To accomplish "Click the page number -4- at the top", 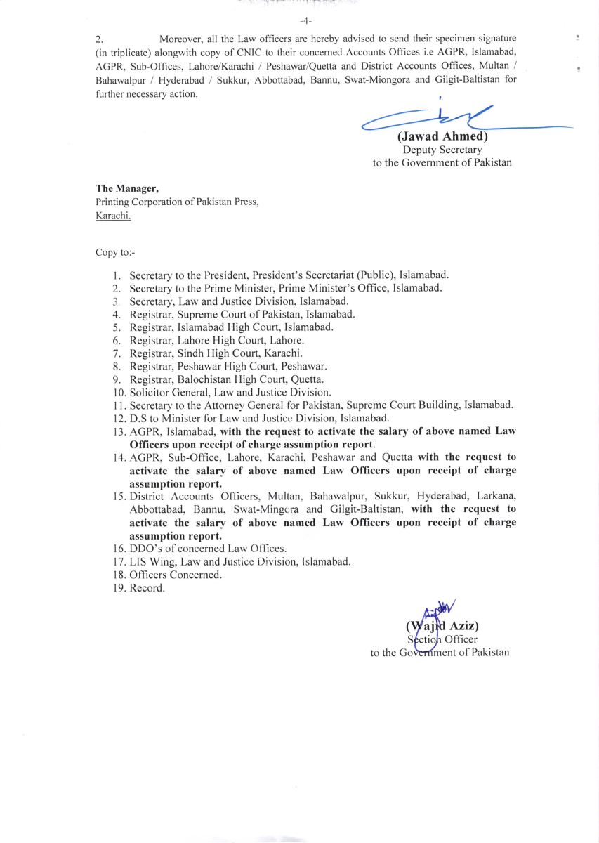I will tap(305, 20).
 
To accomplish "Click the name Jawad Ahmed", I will tap(442, 137).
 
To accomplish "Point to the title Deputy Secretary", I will tap(442, 150).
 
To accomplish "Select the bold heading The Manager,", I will tap(127, 188).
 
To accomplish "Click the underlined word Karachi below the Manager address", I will tap(113, 216).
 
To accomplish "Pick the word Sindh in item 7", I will tap(190, 353).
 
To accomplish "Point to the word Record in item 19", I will tap(146, 588).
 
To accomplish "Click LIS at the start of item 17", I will tap(139, 561).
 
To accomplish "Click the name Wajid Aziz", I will tap(443, 626).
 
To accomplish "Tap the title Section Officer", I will tap(442, 639).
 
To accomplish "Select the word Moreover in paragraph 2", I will tap(182, 38).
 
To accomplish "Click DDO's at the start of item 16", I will tap(145, 549).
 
